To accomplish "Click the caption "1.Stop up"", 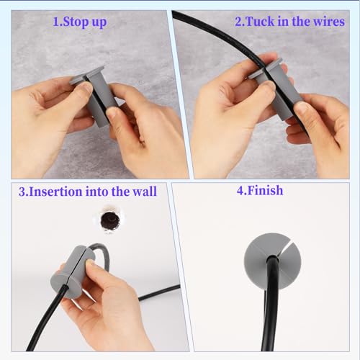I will click(80, 22).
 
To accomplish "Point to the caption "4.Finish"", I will click(260, 191).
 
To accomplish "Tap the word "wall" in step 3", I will click(142, 192).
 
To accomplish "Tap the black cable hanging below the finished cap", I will click(271, 317).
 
